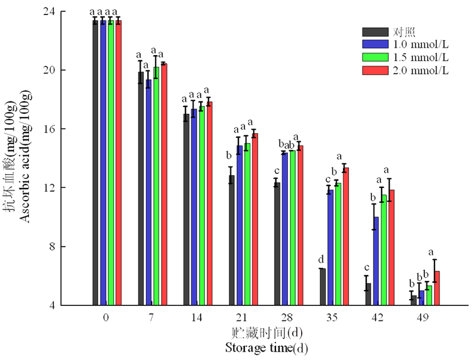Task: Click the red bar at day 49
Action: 437,288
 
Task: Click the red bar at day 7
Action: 164,184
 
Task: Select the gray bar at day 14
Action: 186,210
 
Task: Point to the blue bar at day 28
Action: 284,228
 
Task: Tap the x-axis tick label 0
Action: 106,317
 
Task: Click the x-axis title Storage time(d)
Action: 266,348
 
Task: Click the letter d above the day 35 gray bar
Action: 321,259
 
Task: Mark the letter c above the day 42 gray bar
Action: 366,267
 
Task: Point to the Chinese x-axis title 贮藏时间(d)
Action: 267,333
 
